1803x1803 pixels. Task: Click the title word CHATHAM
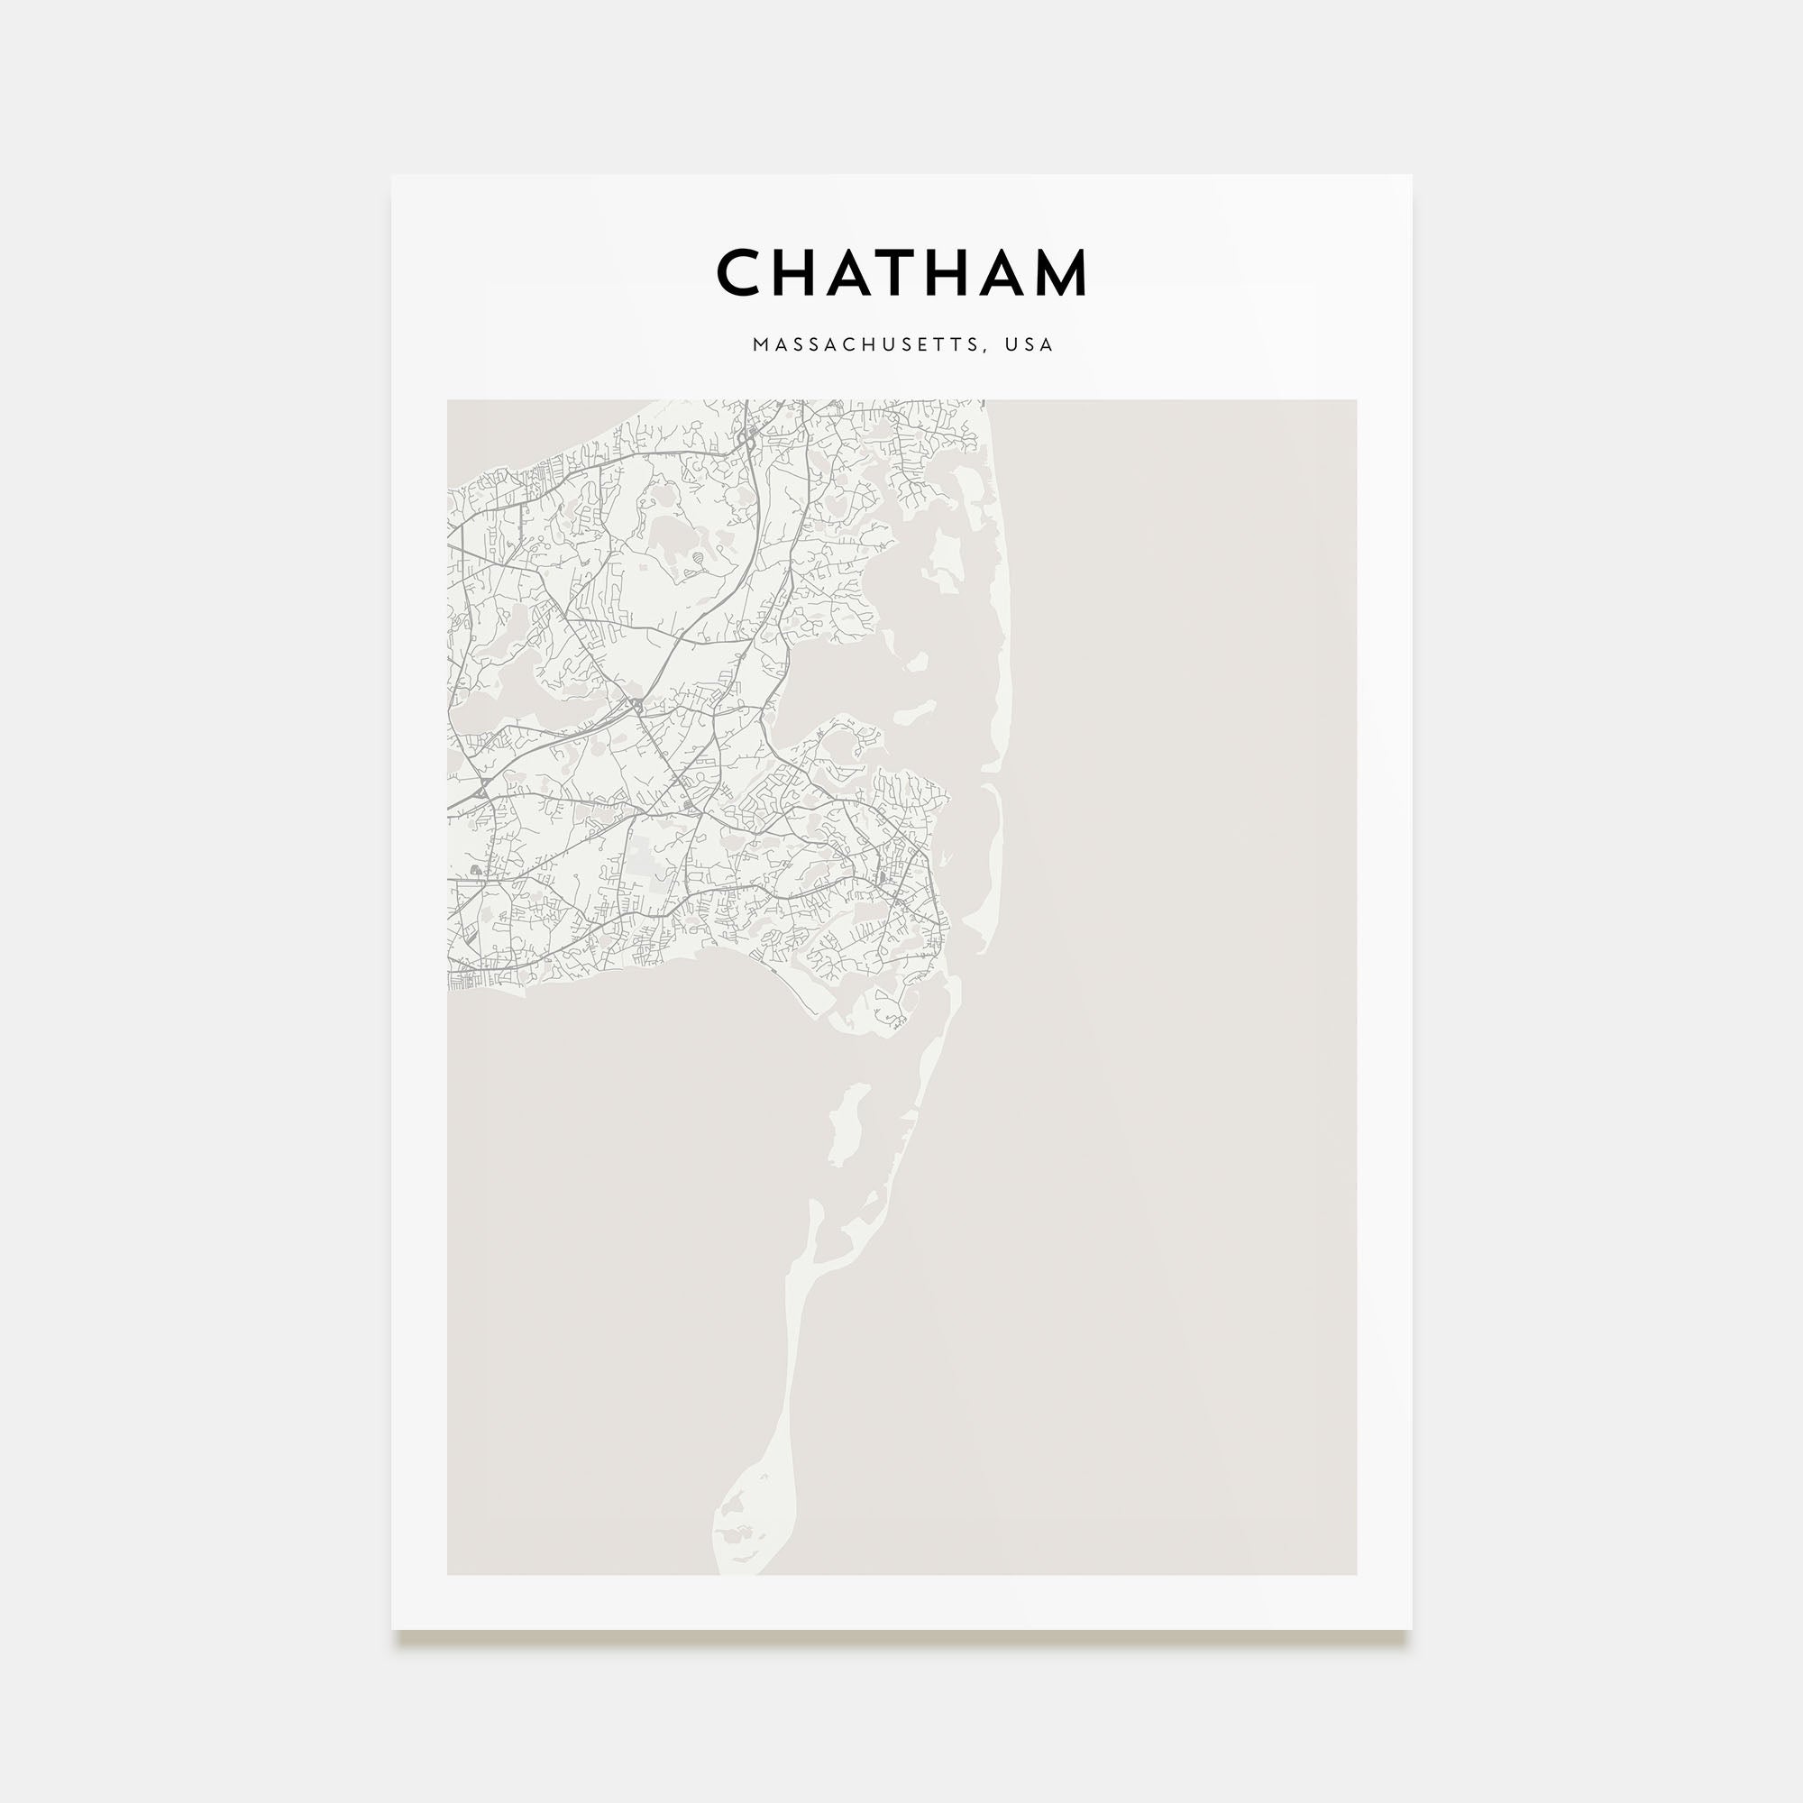(x=901, y=272)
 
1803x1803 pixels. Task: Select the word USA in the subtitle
(x=1030, y=344)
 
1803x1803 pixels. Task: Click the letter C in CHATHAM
(x=742, y=272)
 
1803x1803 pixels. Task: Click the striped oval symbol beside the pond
(x=697, y=559)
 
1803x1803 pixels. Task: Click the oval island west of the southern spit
(x=847, y=1123)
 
